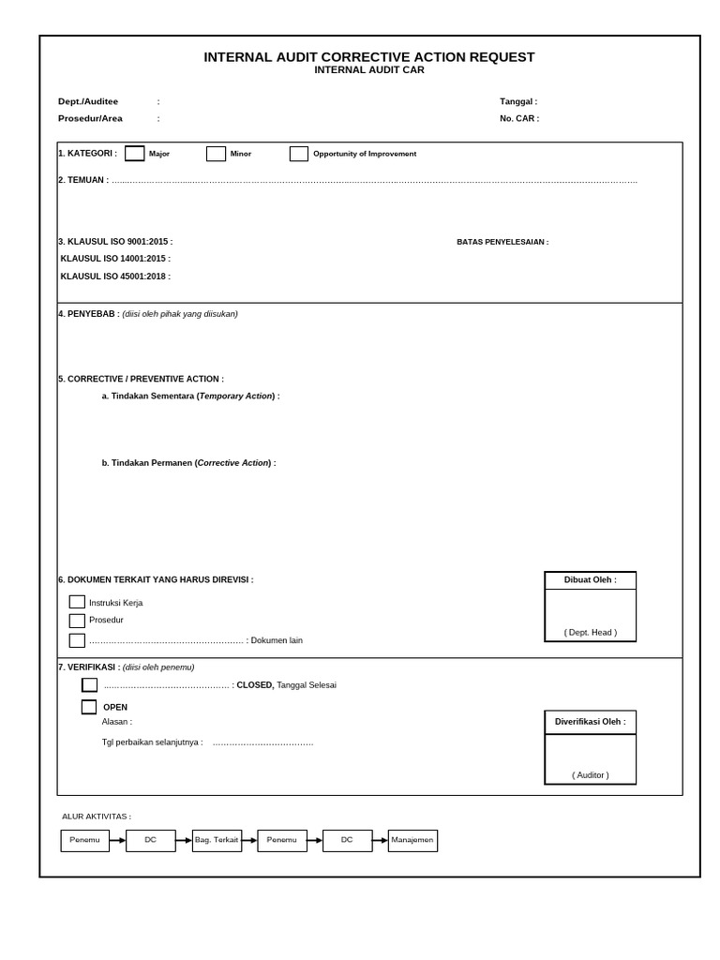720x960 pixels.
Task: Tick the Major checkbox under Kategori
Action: [x=135, y=154]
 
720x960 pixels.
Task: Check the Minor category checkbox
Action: [x=216, y=154]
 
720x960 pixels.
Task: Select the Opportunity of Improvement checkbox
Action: [x=299, y=154]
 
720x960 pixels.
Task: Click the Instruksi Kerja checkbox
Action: [x=77, y=602]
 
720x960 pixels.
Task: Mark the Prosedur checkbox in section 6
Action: [x=77, y=621]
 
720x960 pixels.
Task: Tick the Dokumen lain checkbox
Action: [x=77, y=640]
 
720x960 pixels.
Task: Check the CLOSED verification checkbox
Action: [x=89, y=685]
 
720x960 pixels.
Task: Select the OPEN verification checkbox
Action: [x=89, y=707]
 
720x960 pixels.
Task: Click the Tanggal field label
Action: [x=518, y=101]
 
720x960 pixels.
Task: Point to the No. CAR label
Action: [x=519, y=119]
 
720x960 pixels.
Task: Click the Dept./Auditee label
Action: [x=88, y=101]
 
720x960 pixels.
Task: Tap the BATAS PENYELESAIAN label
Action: [x=502, y=242]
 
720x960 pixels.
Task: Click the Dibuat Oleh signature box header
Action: [x=591, y=580]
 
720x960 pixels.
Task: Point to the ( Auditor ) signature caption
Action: [x=591, y=775]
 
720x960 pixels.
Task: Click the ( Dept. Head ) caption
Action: [x=591, y=633]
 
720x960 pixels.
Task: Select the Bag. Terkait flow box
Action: [x=217, y=840]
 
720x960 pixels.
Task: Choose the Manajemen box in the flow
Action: [x=412, y=840]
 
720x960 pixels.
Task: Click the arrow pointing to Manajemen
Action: [x=381, y=840]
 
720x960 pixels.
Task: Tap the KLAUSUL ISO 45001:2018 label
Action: [x=115, y=277]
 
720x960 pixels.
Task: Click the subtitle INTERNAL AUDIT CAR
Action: [x=369, y=70]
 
